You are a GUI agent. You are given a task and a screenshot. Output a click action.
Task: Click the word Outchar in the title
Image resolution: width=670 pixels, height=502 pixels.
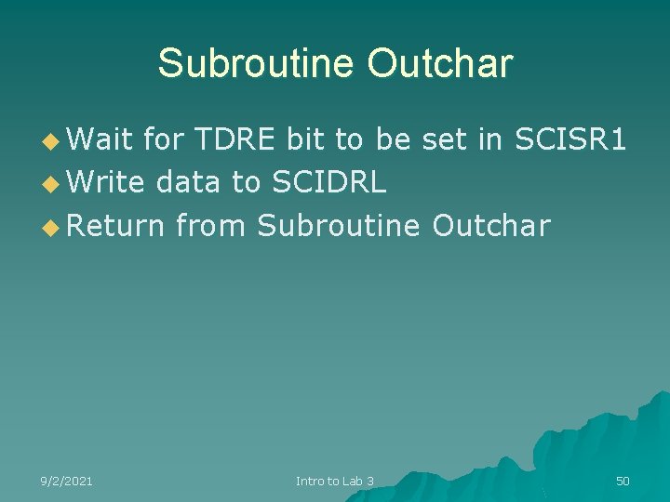pyautogui.click(x=439, y=63)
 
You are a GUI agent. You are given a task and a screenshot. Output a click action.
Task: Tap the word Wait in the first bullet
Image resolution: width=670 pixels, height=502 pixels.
pyautogui.click(x=100, y=139)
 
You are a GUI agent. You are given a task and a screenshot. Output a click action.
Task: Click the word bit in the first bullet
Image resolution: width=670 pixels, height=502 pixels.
pyautogui.click(x=307, y=139)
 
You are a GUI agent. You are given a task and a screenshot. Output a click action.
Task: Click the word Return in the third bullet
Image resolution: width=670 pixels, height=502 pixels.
pyautogui.click(x=115, y=225)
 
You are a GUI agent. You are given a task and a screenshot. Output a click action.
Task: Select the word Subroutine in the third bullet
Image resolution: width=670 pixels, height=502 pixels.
pyautogui.click(x=339, y=225)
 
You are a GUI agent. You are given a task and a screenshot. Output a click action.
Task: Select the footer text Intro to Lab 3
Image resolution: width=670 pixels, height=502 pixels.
pyautogui.click(x=335, y=481)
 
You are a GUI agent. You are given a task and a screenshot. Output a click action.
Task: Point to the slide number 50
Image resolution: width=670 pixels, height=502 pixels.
pyautogui.click(x=623, y=481)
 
